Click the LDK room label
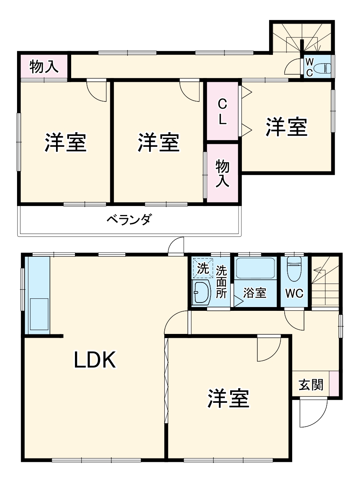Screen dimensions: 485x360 [94, 360]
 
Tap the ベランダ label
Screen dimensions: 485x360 [129, 219]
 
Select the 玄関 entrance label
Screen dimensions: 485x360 [311, 385]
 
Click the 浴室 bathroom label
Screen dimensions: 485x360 [254, 293]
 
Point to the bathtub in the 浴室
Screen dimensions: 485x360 [256, 268]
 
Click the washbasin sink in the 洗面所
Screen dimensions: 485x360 [201, 292]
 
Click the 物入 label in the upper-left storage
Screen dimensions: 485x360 [44, 67]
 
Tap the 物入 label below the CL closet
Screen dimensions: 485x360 [222, 173]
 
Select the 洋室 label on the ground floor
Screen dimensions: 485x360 [228, 399]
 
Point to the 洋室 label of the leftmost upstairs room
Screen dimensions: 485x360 [66, 142]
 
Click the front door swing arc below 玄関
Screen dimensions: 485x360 [314, 413]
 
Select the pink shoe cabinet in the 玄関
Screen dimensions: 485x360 [334, 384]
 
